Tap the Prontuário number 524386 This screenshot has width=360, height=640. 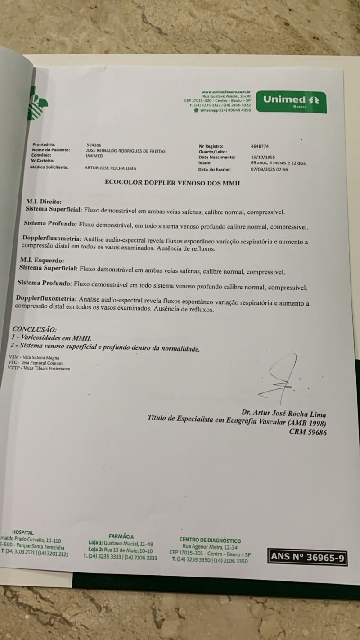(94, 145)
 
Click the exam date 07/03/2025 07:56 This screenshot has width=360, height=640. (269, 170)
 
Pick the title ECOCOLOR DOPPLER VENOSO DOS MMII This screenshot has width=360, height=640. (172, 183)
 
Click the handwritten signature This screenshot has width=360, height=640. (283, 381)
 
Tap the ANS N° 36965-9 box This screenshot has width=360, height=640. (308, 557)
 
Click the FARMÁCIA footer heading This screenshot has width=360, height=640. (121, 536)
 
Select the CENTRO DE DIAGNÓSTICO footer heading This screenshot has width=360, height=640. (210, 540)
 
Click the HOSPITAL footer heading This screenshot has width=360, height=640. (23, 532)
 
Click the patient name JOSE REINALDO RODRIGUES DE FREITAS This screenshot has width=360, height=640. (126, 151)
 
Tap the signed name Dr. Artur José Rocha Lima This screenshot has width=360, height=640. (283, 414)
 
